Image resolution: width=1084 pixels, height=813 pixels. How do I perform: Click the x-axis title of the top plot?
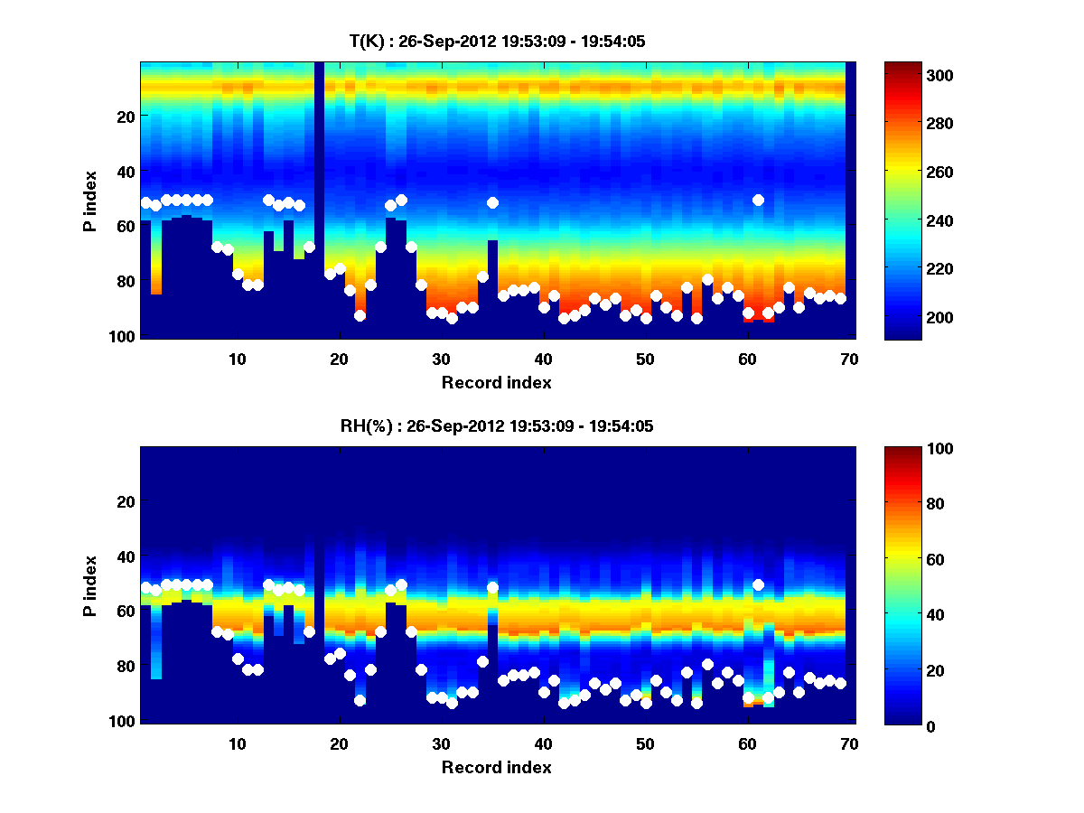[x=497, y=382]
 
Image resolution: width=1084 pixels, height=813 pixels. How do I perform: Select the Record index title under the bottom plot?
[x=497, y=767]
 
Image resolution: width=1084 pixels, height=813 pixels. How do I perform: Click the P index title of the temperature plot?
[x=90, y=201]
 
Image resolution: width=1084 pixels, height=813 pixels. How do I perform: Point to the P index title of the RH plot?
[x=90, y=585]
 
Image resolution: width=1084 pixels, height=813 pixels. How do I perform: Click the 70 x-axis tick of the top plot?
[x=849, y=359]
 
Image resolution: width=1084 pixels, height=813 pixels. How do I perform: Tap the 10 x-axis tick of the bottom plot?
[x=237, y=743]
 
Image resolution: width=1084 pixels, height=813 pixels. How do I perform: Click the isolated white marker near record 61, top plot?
[x=758, y=200]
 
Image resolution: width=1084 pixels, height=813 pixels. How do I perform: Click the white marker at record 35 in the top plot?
[x=492, y=202]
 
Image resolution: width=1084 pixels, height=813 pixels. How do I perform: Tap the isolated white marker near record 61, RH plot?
[x=758, y=584]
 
